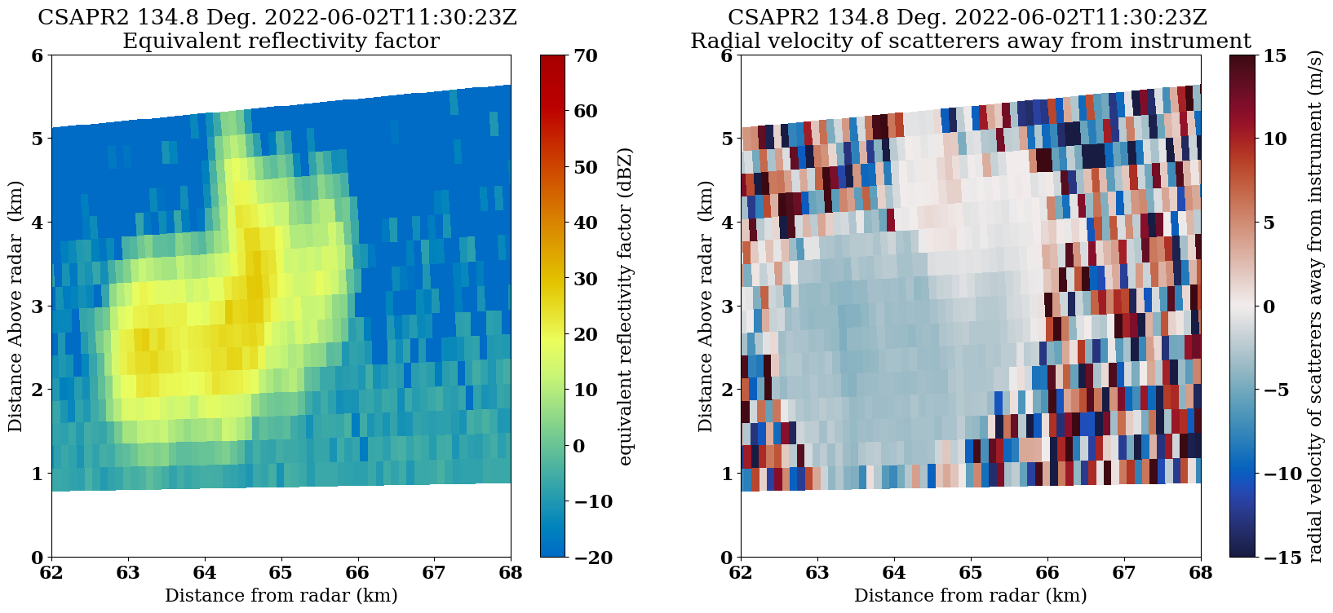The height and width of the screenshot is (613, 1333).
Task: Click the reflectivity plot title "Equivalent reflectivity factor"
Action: tap(281, 41)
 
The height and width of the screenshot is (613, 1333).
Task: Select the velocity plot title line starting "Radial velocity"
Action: tap(970, 41)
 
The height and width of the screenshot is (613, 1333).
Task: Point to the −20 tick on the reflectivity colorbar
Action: tap(581, 557)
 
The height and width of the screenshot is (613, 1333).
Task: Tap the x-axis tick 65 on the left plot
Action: tap(281, 572)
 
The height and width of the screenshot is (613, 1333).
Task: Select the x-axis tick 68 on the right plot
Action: tap(1200, 572)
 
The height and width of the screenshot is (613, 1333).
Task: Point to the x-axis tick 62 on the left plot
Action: tap(51, 572)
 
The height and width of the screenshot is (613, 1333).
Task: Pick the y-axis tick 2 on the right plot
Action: tap(727, 390)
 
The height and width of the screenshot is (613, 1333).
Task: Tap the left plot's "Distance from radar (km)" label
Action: tap(281, 596)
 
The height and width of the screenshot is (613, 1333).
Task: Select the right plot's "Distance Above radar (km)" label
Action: tap(705, 306)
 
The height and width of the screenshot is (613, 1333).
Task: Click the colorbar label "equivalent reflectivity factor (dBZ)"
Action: tap(626, 306)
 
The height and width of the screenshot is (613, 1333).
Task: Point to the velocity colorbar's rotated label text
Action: tap(1314, 306)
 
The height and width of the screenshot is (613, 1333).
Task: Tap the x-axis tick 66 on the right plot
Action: tap(1047, 572)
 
